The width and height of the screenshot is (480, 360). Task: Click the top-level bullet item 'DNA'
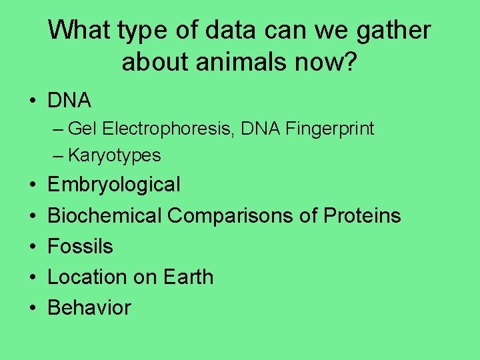click(x=69, y=101)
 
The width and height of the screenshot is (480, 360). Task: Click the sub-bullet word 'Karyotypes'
click(x=114, y=155)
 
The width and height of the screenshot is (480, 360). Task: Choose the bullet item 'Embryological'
click(x=114, y=185)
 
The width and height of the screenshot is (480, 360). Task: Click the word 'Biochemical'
click(x=105, y=215)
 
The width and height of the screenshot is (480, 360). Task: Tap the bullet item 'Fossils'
click(x=81, y=246)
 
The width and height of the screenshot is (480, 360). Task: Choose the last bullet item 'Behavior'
click(x=89, y=307)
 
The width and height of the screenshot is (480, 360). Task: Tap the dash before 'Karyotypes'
click(x=58, y=156)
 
